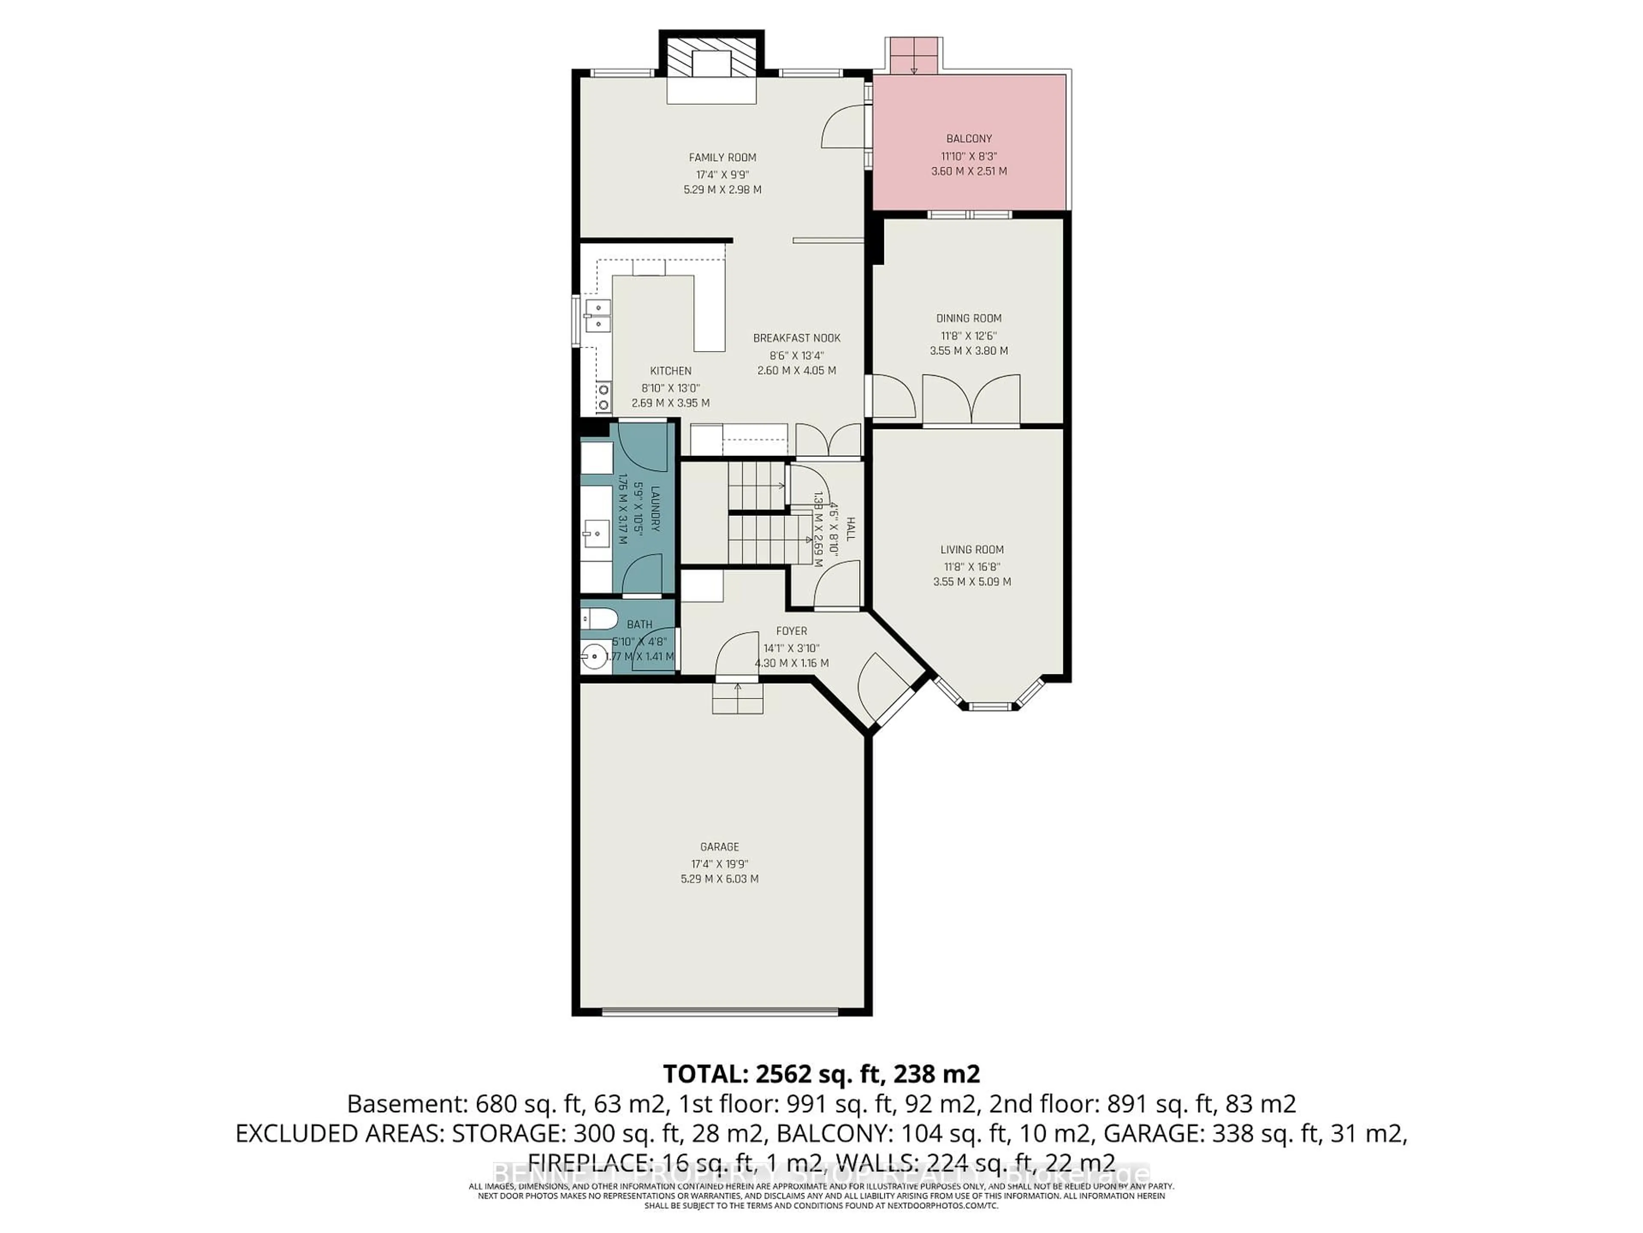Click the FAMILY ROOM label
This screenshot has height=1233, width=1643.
click(722, 158)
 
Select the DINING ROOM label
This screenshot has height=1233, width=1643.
click(969, 318)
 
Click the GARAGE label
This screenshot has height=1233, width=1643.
click(719, 846)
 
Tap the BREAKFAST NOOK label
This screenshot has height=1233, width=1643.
click(796, 338)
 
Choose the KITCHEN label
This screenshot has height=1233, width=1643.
click(671, 371)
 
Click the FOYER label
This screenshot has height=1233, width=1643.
click(791, 631)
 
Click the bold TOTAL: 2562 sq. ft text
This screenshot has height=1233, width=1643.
click(821, 1074)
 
